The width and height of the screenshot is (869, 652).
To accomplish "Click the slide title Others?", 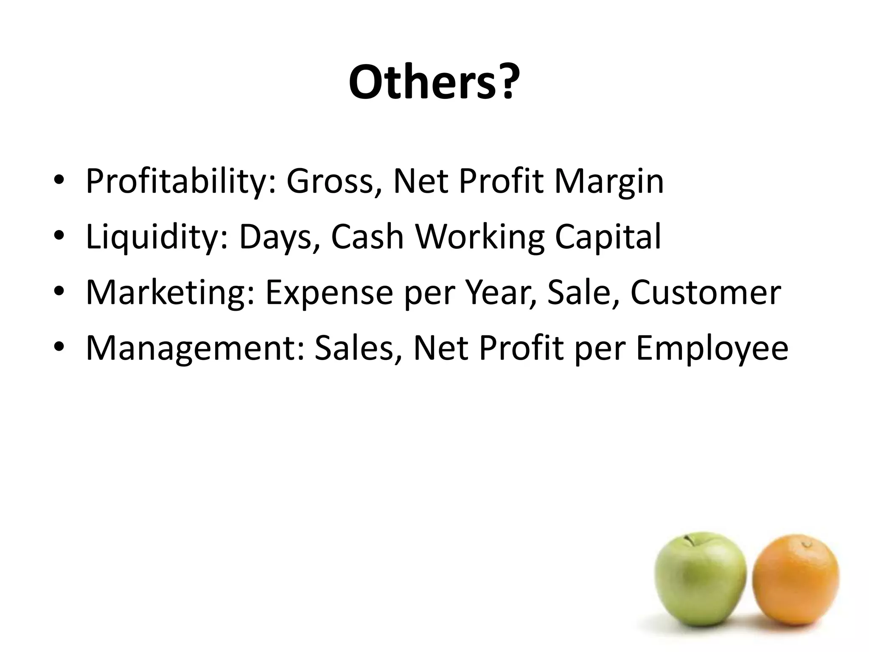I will tap(434, 82).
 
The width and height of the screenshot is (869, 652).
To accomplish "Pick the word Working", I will tap(479, 237).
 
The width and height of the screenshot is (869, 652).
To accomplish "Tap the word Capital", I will tap(608, 237).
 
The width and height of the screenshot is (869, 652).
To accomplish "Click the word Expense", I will tap(329, 292).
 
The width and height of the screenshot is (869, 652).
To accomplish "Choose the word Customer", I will tap(705, 292).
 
